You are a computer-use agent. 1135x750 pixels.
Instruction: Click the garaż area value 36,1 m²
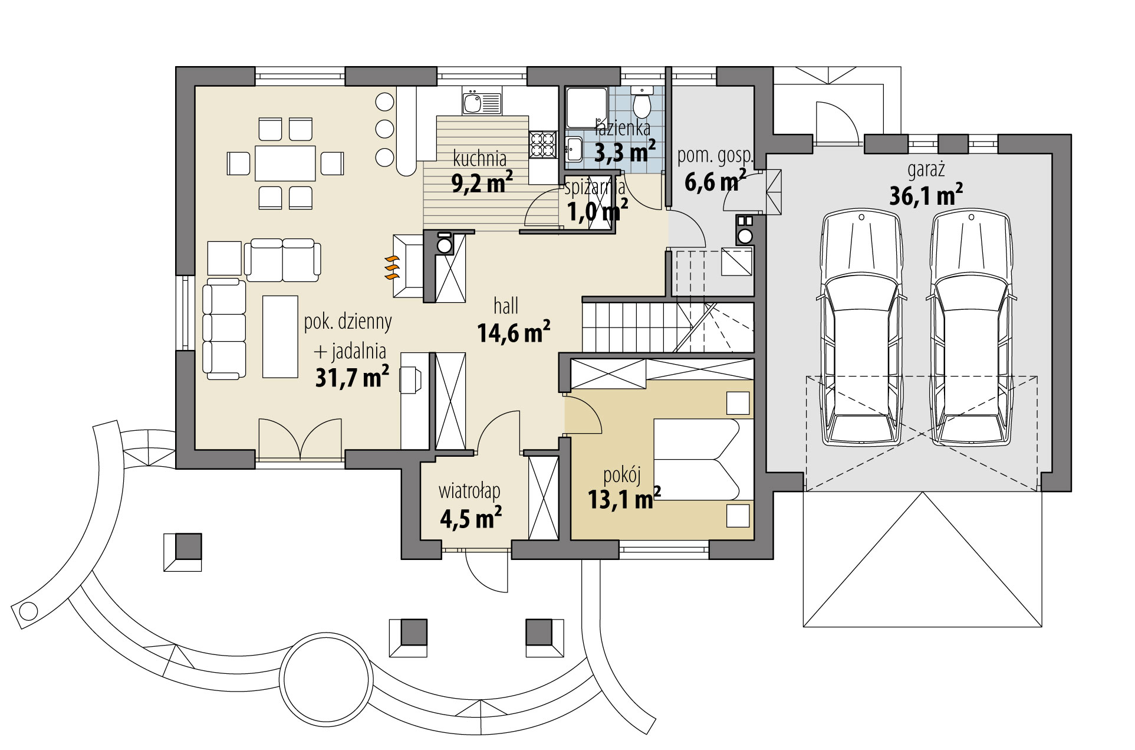pos(926,195)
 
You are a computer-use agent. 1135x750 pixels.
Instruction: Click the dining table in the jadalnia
pos(285,163)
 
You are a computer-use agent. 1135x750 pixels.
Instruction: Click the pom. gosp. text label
pos(715,156)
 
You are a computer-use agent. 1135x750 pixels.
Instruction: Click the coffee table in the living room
pos(280,336)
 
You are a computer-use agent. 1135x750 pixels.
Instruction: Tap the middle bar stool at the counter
pos(384,129)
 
